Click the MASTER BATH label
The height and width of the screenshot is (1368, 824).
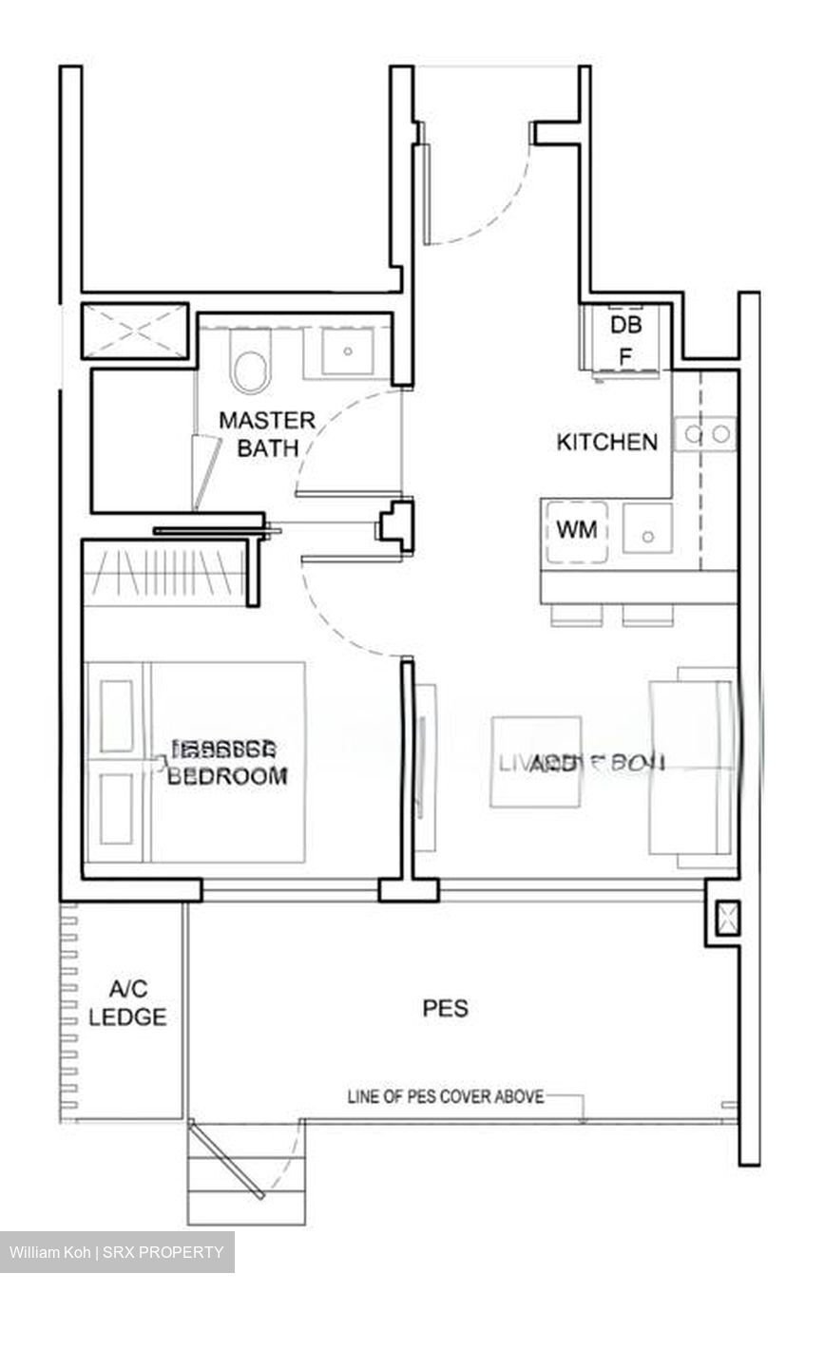(267, 433)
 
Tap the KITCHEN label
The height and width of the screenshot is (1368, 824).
(606, 442)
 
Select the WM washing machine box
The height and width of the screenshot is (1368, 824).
(577, 530)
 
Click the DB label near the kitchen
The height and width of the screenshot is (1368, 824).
(625, 325)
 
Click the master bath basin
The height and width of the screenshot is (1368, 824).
(348, 351)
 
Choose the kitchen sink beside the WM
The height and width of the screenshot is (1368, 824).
(648, 530)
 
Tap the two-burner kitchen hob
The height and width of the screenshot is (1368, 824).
(705, 434)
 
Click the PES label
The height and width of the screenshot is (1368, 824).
(446, 1008)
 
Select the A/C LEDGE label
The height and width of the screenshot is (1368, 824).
(127, 1004)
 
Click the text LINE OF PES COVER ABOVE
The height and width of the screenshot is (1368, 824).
(446, 1097)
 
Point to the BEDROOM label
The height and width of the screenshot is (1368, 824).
(228, 775)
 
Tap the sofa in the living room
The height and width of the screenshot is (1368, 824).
(692, 767)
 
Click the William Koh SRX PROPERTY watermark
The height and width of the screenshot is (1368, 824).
(117, 1252)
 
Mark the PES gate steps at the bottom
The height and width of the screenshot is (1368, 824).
(246, 1176)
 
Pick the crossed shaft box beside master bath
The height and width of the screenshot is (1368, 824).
(134, 332)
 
